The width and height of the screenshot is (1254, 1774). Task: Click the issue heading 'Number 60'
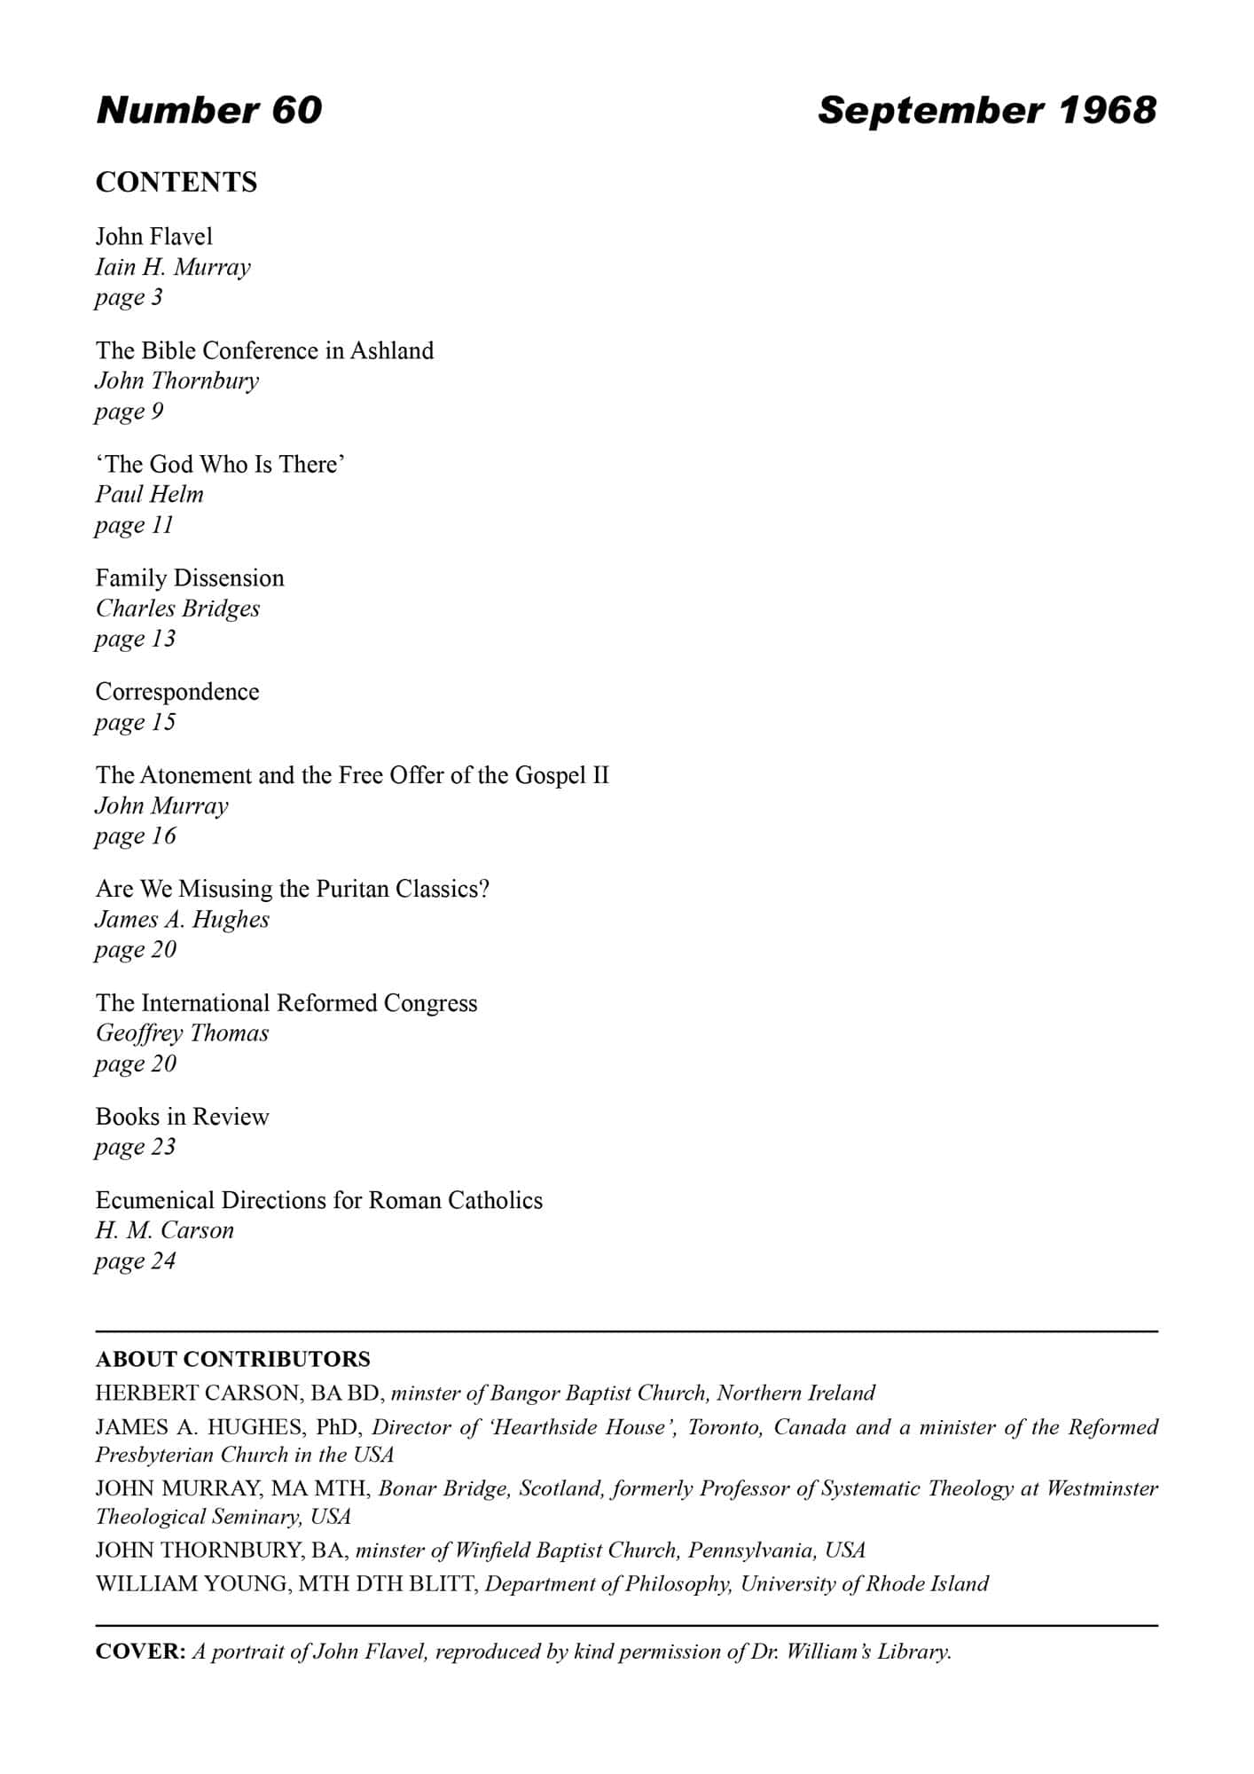point(208,110)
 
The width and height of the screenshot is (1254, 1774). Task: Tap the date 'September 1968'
point(986,110)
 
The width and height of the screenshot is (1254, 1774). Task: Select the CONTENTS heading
point(176,182)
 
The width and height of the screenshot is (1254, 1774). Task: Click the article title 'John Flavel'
point(154,236)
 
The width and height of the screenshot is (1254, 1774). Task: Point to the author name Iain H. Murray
point(173,267)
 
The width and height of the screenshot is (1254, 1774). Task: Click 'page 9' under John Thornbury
point(129,412)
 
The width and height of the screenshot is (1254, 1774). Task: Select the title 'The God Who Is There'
point(220,464)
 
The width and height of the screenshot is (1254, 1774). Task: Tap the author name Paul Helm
point(150,494)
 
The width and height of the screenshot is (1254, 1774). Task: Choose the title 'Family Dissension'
point(190,578)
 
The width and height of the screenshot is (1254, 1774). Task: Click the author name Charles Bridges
point(177,608)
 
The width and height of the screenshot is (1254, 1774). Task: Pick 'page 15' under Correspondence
point(136,722)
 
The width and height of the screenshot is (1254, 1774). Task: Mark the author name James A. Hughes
point(183,919)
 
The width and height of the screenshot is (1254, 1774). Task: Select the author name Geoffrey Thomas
point(182,1033)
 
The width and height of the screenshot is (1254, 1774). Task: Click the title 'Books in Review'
point(182,1117)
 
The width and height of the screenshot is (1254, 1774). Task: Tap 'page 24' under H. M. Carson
point(136,1260)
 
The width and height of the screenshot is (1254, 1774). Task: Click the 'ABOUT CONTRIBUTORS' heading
point(233,1359)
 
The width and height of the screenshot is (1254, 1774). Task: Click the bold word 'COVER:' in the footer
point(140,1652)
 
